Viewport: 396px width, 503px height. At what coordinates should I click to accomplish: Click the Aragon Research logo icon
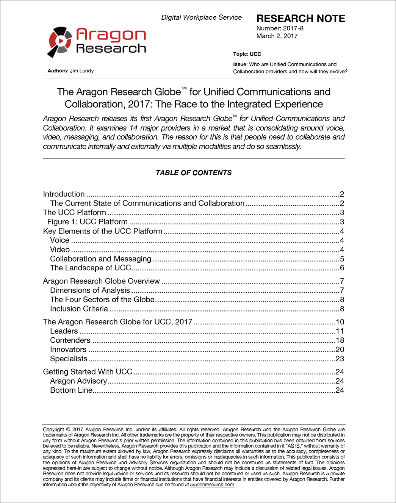(60, 41)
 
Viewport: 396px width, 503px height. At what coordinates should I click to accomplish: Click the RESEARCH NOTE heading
(301, 19)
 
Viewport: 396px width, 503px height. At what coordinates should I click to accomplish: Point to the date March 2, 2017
(277, 36)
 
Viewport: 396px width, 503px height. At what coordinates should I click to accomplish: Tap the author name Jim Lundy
(82, 71)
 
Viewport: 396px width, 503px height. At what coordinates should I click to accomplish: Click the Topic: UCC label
(247, 54)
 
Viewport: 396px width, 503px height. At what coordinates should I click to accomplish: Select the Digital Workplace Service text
(201, 17)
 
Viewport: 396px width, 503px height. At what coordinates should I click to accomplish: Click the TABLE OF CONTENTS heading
(194, 173)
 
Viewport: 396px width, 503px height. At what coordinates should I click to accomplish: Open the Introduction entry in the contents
(64, 194)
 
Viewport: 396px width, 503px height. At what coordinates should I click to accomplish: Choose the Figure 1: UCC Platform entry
(88, 222)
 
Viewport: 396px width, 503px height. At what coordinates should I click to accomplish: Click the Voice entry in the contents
(59, 240)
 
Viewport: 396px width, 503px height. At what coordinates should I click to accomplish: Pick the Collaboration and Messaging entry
(100, 259)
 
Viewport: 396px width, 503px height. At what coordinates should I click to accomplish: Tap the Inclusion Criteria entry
(79, 309)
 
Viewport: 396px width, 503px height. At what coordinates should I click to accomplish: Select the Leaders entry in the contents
(64, 331)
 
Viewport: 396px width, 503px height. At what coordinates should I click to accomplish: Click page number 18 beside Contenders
(340, 340)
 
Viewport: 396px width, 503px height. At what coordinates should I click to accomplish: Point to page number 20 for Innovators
(340, 349)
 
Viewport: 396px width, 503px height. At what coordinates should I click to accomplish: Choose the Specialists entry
(69, 359)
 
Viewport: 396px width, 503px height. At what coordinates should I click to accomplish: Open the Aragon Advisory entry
(78, 381)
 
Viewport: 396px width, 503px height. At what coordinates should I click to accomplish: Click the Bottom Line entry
(71, 390)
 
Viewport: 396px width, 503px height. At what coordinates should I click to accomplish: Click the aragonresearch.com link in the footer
(212, 484)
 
